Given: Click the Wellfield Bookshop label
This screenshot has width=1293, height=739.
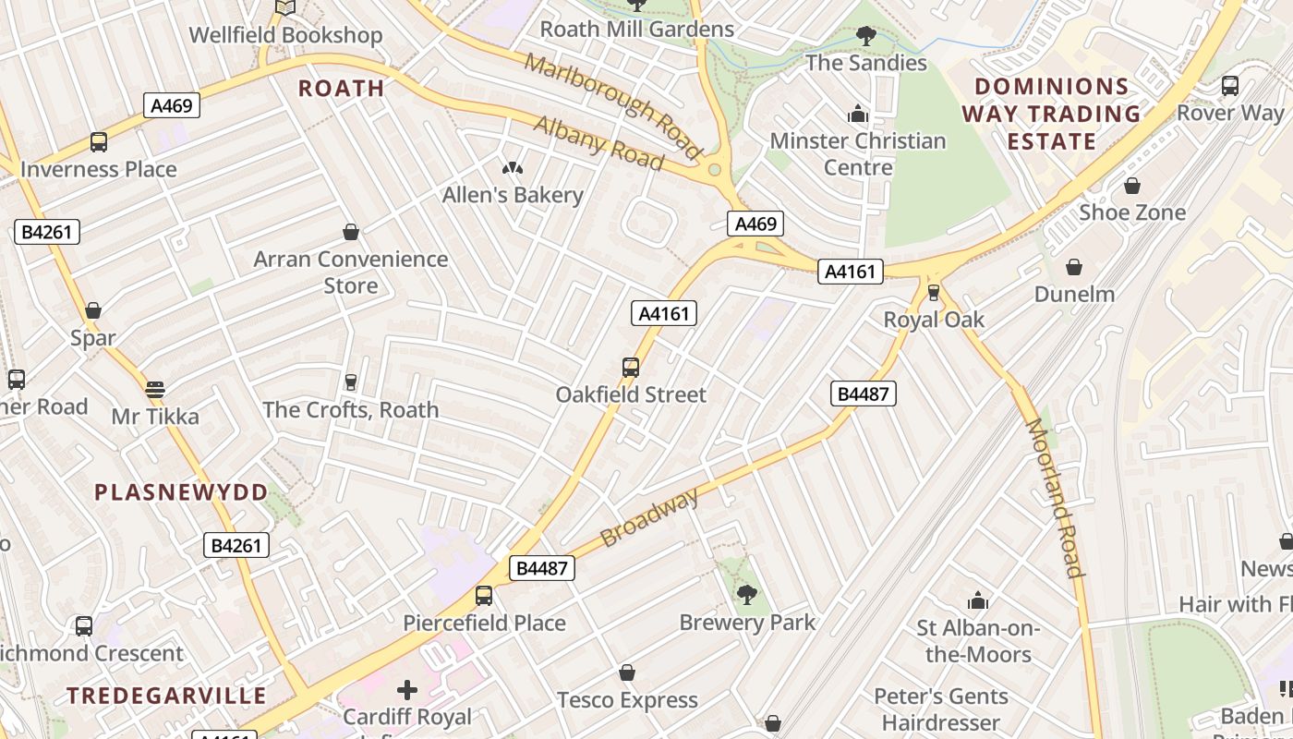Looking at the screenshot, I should (x=285, y=35).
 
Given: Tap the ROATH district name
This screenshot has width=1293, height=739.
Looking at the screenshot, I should (x=342, y=89).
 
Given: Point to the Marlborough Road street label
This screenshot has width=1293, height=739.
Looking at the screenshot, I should (x=613, y=103).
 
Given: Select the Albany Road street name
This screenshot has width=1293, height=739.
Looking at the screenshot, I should (x=598, y=143).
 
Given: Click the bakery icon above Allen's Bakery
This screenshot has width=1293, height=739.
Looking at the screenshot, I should (x=512, y=168).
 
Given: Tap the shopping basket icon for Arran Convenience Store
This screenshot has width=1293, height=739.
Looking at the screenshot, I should (x=350, y=231).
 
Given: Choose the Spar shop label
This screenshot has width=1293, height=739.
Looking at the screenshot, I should (x=93, y=338).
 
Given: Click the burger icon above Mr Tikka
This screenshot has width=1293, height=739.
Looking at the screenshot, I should (x=155, y=389).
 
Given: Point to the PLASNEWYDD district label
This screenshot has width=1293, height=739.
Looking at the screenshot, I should (x=181, y=492).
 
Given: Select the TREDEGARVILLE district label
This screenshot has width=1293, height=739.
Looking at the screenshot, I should (x=166, y=696).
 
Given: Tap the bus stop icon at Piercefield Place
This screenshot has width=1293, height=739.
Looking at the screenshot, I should (x=484, y=596).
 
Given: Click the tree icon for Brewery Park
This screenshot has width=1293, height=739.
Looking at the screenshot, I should (x=747, y=595).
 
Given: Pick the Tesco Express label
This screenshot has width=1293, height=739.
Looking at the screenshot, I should (x=627, y=700).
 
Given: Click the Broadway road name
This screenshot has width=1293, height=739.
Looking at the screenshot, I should (x=649, y=518).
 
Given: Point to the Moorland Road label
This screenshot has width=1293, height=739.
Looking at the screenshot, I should (x=1054, y=497).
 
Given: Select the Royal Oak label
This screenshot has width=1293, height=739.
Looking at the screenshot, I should (x=934, y=320).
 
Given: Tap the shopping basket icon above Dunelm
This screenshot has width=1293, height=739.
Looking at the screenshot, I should (x=1074, y=267).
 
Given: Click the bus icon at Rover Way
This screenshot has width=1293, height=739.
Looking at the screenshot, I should (x=1230, y=86).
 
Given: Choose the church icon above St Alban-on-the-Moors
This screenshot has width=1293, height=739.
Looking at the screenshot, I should (x=978, y=601).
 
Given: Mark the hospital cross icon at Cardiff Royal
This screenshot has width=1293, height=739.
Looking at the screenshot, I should (x=406, y=689).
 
